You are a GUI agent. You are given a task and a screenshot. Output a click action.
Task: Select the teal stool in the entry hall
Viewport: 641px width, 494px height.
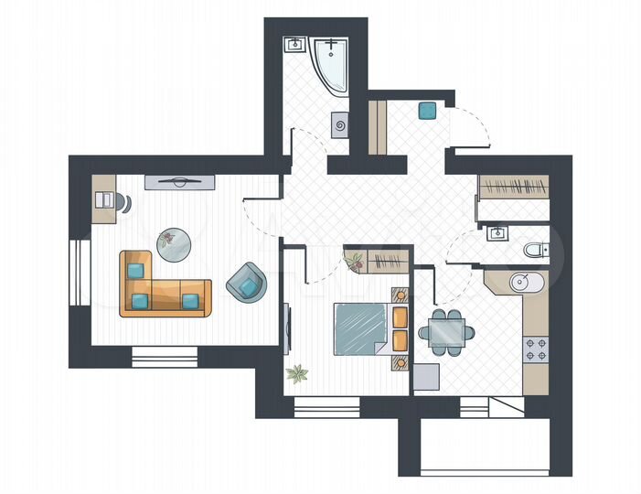427,111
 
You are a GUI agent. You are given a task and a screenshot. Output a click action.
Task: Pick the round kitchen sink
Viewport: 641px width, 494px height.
524,283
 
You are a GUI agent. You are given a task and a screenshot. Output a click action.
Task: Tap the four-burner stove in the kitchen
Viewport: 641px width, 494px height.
535,349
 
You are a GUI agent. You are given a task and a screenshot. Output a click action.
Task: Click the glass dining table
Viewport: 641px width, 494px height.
447,329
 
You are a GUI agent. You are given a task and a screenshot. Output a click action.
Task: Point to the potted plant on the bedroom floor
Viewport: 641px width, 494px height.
296,373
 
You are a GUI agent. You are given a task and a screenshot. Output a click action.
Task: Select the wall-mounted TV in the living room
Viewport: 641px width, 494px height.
179,181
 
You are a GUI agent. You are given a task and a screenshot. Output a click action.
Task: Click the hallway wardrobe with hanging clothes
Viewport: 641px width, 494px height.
515,188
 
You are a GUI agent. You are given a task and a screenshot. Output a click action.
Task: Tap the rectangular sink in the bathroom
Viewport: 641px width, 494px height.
296,45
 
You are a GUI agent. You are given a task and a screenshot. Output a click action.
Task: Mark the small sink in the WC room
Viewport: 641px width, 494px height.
497,232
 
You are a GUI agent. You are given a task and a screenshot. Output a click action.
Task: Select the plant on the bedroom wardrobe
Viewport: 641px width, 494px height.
354,263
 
